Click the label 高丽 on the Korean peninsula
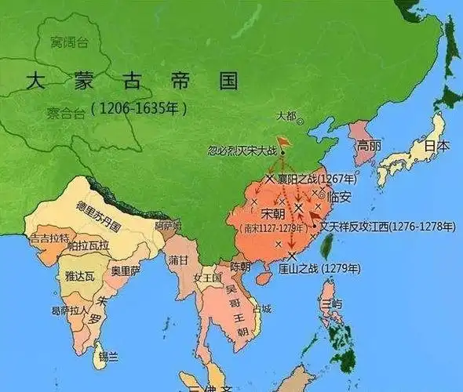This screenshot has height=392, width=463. [369, 145]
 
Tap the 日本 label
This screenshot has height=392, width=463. [437, 146]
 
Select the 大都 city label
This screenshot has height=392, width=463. [286, 116]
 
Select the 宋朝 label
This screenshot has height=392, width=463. [273, 213]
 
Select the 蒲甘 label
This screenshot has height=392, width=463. [178, 260]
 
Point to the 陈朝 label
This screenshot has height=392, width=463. [240, 267]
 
